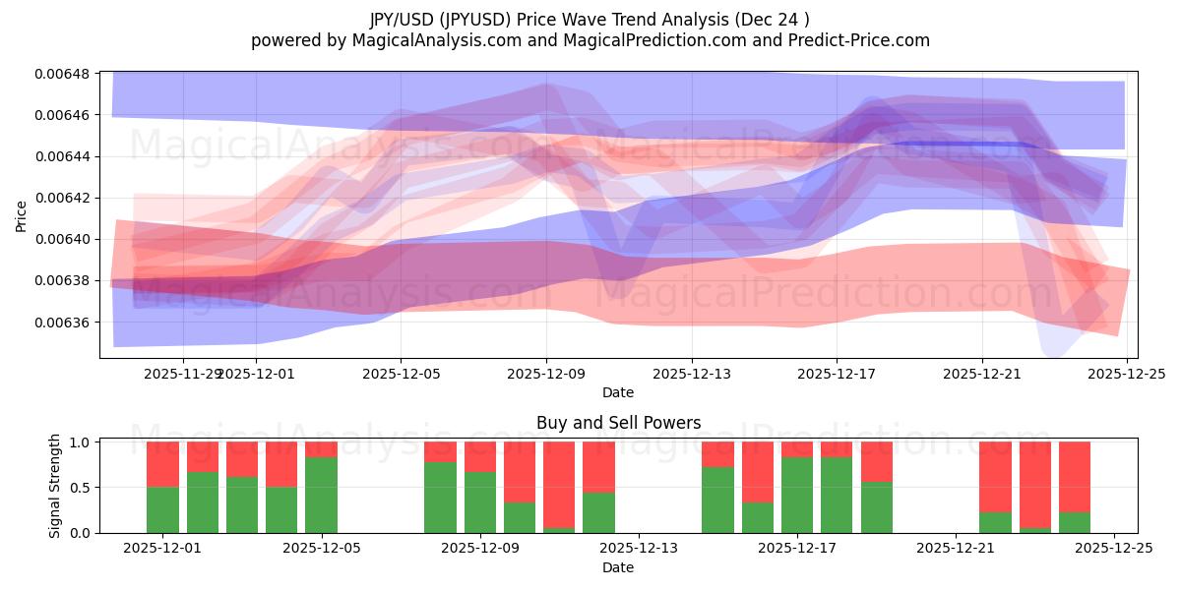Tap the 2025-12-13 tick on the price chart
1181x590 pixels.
[691, 374]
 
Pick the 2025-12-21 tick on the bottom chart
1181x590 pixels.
[956, 549]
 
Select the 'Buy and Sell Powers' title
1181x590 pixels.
[618, 423]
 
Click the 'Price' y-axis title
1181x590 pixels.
[22, 215]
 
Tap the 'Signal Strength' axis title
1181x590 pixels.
[55, 486]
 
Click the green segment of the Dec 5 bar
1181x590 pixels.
[321, 495]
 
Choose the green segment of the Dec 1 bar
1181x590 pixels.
[162, 509]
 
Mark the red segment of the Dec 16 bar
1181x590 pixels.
[757, 472]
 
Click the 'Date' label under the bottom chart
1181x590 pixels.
[618, 567]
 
